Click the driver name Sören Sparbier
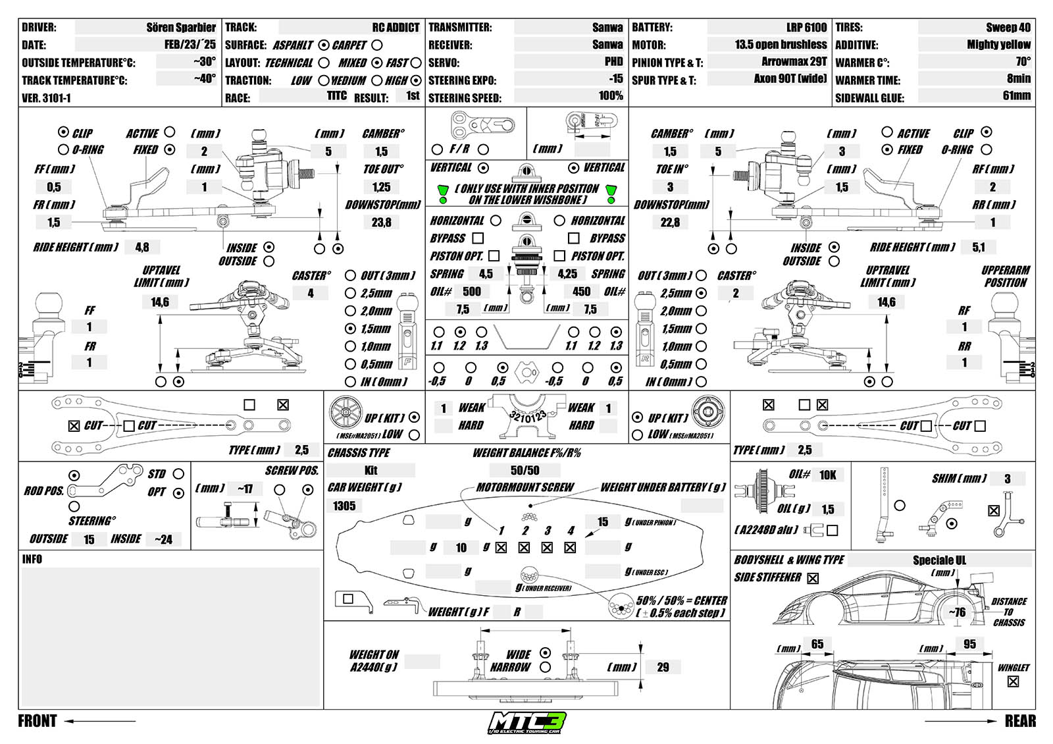coord(181,28)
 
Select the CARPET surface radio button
coord(376,45)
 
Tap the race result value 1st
coord(413,96)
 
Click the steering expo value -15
coord(615,79)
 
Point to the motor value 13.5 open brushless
coord(781,45)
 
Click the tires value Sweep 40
coord(1008,28)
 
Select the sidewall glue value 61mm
coord(1016,96)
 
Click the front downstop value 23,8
coord(381,223)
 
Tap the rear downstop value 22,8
coord(670,223)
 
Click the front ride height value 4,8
coord(142,248)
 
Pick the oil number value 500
coord(471,292)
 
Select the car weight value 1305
coord(344,506)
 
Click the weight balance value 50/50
coord(525,470)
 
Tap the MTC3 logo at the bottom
coord(526,722)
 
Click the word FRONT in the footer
coord(38,721)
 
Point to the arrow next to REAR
coord(961,721)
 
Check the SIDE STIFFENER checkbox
coord(813,579)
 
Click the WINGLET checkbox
coord(1013,681)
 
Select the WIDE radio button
coord(545,653)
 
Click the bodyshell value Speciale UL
coord(939,560)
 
